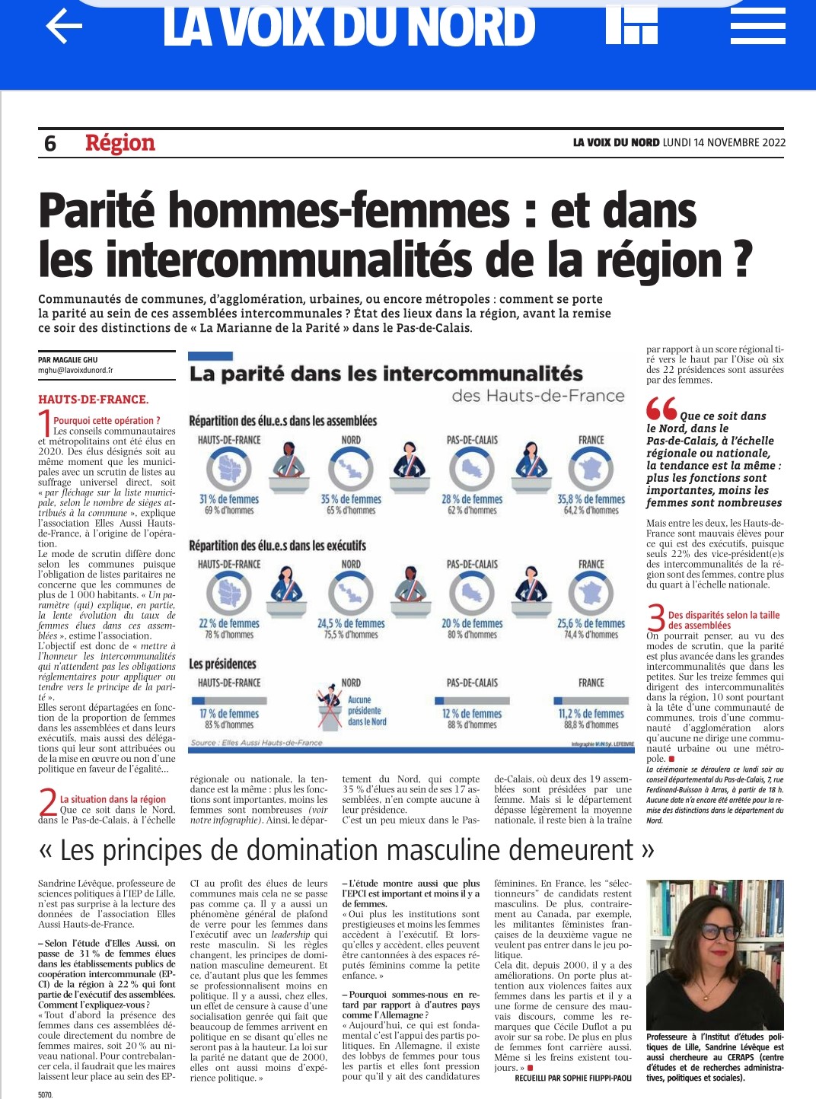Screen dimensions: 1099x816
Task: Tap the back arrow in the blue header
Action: pos(64,27)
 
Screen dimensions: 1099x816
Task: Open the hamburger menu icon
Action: pos(757,27)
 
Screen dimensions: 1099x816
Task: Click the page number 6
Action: pos(50,143)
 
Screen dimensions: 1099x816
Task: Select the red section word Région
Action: pos(120,143)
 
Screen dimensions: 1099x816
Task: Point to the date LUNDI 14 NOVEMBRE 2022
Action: pos(724,142)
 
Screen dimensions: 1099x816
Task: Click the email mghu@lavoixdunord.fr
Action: pos(75,371)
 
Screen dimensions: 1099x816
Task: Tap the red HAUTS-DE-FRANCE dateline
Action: pos(93,400)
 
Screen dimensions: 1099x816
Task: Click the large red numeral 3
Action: pos(655,617)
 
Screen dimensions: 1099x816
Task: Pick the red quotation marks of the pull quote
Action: pos(661,409)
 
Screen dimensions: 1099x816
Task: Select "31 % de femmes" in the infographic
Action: pos(228,499)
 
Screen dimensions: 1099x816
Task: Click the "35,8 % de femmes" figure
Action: pos(591,499)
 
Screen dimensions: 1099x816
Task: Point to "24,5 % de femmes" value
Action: pos(351,623)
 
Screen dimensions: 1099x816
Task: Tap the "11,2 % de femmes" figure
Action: pos(591,714)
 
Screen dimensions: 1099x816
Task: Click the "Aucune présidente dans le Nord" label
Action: pos(367,711)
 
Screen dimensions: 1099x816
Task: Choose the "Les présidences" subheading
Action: pos(222,664)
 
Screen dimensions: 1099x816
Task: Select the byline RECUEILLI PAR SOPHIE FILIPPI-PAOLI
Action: pos(573,1078)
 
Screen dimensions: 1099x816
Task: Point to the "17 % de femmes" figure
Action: pos(228,714)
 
